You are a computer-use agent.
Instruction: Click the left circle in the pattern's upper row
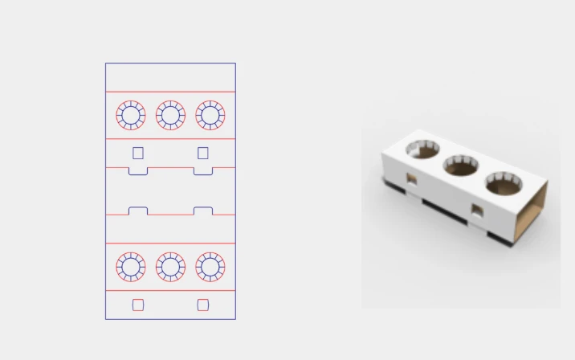pos(131,115)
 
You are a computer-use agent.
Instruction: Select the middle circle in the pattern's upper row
pos(170,115)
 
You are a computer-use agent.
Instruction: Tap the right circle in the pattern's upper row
pos(210,115)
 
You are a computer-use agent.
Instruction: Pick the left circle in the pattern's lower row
pos(131,267)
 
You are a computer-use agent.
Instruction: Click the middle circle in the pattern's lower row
pos(170,267)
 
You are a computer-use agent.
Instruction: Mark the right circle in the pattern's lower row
pos(210,267)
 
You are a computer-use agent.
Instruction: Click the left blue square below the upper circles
pos(138,153)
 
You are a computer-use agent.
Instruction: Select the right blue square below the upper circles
pos(203,153)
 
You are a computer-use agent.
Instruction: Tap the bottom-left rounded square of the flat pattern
pos(138,305)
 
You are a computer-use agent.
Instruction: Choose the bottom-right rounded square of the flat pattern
pos(203,305)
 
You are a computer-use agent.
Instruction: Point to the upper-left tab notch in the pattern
pos(138,171)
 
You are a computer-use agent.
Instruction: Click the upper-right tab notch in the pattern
pos(203,171)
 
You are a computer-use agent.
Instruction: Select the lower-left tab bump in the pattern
pos(138,211)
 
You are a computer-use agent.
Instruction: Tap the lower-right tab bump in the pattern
pos(203,211)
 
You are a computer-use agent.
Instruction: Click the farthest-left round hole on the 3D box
pos(422,149)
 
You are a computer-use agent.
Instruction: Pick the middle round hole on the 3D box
pos(461,166)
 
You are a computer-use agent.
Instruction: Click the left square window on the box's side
pos(411,179)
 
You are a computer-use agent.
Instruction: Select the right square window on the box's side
pos(477,211)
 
